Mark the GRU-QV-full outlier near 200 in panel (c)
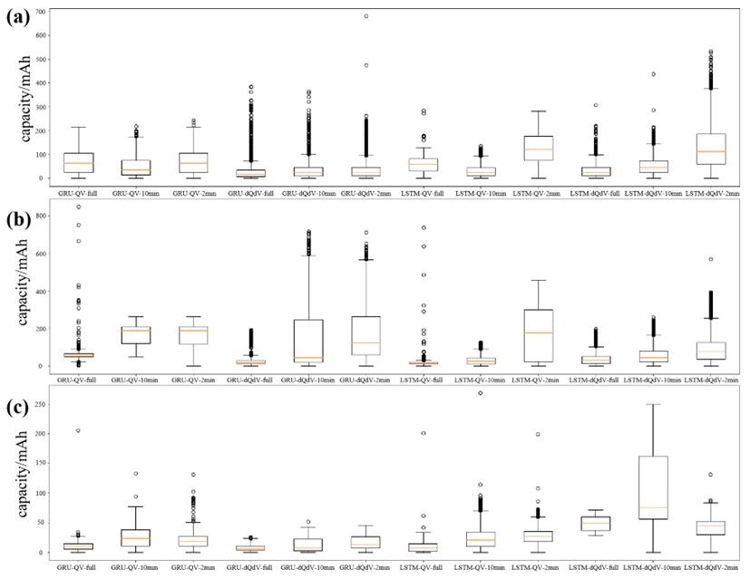point(78,430)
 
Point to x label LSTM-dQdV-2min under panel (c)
point(711,566)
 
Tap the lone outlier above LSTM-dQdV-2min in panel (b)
point(711,259)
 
